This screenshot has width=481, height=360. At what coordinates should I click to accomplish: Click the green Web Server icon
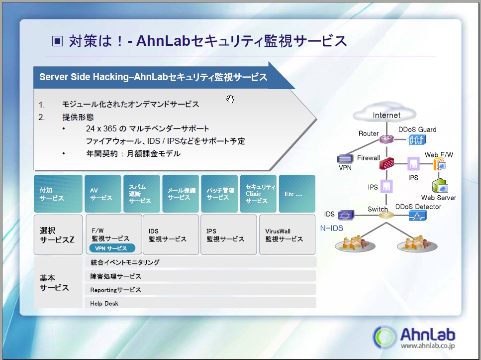click(440, 187)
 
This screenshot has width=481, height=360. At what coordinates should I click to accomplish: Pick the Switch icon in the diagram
click(386, 216)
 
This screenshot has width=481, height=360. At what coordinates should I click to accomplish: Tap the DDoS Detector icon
click(417, 216)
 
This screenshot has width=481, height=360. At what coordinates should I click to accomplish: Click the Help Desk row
click(200, 303)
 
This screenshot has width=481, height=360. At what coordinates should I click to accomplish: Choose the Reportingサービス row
click(200, 290)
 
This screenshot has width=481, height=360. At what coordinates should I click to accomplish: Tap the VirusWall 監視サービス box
click(287, 235)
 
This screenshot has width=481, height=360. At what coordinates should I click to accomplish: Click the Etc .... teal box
click(297, 194)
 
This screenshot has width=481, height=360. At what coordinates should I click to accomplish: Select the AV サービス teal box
click(102, 194)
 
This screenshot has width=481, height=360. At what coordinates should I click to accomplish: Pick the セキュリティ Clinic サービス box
click(258, 194)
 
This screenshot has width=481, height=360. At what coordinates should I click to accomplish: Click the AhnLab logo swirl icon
click(385, 337)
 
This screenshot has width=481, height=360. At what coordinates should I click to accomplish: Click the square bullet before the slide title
click(58, 41)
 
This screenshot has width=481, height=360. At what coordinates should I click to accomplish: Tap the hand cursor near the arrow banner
click(230, 99)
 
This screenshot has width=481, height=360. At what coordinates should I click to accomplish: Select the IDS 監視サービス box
click(171, 235)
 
